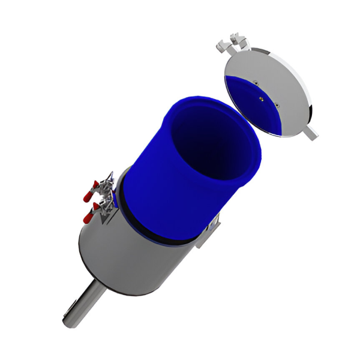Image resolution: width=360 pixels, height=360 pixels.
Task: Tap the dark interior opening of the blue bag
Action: (x=213, y=135)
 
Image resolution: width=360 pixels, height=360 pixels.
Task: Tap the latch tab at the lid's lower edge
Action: (x=310, y=133)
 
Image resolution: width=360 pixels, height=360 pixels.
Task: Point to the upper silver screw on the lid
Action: (x=254, y=82)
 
